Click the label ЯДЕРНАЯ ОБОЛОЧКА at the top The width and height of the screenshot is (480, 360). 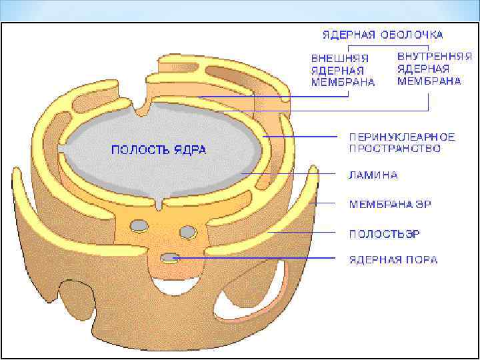(383, 34)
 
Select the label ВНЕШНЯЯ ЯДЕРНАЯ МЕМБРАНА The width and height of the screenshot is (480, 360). (343, 70)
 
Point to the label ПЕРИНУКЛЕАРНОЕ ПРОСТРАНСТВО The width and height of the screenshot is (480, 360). (402, 142)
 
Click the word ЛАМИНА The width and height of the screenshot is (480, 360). (373, 175)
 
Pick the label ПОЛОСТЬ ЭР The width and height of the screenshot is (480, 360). (385, 233)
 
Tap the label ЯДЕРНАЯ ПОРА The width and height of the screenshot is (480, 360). (393, 259)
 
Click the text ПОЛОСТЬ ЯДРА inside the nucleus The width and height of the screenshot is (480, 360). (158, 149)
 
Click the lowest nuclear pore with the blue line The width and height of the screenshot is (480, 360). (171, 257)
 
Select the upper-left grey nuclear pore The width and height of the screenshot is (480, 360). (139, 225)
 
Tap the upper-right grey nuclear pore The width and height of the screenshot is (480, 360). (188, 231)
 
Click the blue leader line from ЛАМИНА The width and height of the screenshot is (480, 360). (293, 174)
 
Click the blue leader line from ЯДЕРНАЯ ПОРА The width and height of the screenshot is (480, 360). (267, 257)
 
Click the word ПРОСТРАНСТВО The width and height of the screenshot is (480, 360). (395, 148)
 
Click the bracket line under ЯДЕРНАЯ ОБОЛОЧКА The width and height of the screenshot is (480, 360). (383, 45)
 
